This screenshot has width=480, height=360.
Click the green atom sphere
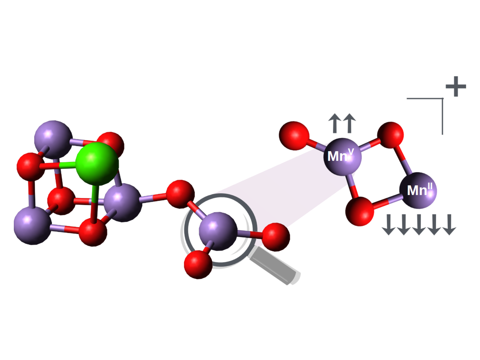[97, 164]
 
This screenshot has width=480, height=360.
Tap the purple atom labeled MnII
[418, 191]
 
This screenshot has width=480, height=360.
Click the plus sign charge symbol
[456, 86]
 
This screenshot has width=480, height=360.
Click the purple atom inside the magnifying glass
[218, 231]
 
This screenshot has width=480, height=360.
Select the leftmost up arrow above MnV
[335, 123]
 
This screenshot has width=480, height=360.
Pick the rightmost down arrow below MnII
[449, 225]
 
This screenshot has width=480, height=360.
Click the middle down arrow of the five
[419, 225]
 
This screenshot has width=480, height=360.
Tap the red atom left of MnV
[294, 136]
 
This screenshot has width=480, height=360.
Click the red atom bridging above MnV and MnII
[390, 135]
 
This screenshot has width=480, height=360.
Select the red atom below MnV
[360, 211]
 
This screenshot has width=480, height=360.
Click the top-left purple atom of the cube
[53, 139]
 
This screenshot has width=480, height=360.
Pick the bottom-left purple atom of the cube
[33, 226]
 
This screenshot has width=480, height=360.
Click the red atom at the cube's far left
[31, 167]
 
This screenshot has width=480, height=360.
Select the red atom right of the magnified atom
[276, 237]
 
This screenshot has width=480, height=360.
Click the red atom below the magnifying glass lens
[198, 265]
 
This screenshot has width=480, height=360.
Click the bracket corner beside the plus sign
[443, 99]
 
